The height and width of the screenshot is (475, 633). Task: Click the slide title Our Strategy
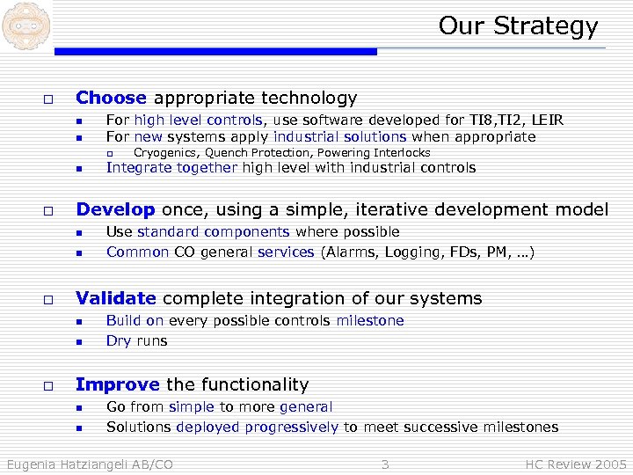point(518,26)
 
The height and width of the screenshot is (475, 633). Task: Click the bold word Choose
point(112,98)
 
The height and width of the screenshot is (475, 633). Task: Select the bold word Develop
point(115,209)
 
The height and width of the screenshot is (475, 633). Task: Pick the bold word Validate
point(116,298)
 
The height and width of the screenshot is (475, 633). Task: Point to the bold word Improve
point(118,384)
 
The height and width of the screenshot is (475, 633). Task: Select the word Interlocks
point(402,153)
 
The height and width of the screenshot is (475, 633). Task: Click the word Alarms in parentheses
point(350,252)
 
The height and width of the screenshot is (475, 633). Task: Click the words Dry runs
point(136,341)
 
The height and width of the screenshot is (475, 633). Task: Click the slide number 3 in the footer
point(384,464)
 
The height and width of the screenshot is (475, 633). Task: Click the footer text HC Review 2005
point(576,464)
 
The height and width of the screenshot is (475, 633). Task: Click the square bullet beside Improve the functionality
point(49,385)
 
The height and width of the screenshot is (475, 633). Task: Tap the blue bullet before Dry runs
point(78,342)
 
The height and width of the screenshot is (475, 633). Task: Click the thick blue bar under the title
point(215,52)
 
